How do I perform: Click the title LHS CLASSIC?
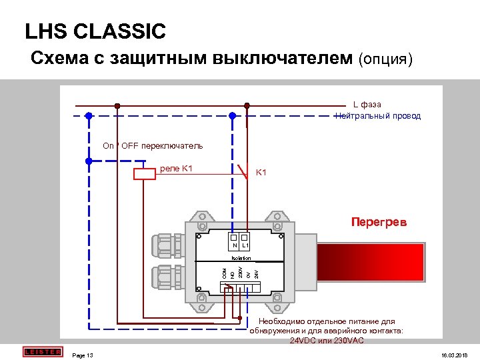point(95,31)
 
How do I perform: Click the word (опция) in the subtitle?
point(386,59)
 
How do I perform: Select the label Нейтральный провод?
point(378,116)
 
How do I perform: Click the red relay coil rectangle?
point(145,174)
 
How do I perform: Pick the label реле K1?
point(176,168)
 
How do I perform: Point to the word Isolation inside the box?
point(241,257)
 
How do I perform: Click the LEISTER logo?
point(41,351)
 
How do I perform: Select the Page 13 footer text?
point(82,355)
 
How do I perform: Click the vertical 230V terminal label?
point(240,272)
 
